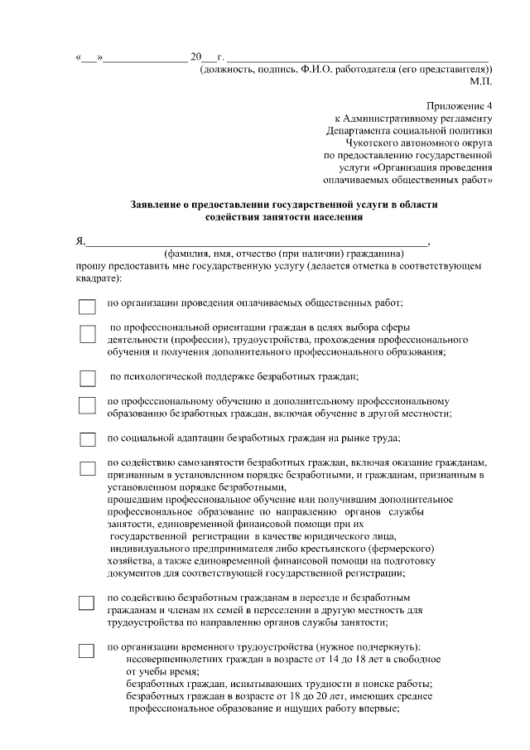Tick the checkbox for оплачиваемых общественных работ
(87, 306)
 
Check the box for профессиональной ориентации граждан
(87, 334)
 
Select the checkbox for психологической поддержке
(87, 378)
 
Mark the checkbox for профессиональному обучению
(87, 404)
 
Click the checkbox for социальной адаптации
(87, 438)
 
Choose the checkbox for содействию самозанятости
(87, 467)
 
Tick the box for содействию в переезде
(87, 602)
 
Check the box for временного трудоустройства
(87, 651)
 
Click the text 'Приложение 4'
(460, 106)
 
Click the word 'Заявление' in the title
(159, 204)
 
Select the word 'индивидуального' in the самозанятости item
(147, 548)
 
